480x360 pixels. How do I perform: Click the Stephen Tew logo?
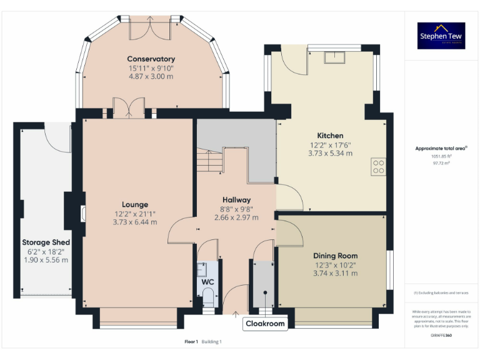coord(441,36)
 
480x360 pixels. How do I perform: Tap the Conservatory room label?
coord(151,59)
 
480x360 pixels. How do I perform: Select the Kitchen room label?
coord(330,136)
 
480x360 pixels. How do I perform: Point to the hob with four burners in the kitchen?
coord(378,166)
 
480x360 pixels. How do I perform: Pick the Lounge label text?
coord(135,204)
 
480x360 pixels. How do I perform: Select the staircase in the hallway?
coord(209,162)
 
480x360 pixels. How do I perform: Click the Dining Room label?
coord(335,256)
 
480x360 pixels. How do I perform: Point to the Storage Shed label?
coord(46,242)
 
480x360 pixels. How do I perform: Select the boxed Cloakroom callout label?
coord(264,324)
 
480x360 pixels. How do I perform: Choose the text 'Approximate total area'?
coord(440,148)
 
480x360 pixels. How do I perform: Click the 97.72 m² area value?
coord(441,162)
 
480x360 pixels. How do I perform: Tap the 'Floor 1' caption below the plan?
coord(191,342)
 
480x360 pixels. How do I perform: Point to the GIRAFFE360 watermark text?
coord(441,336)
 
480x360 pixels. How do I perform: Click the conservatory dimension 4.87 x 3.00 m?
coord(151,76)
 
